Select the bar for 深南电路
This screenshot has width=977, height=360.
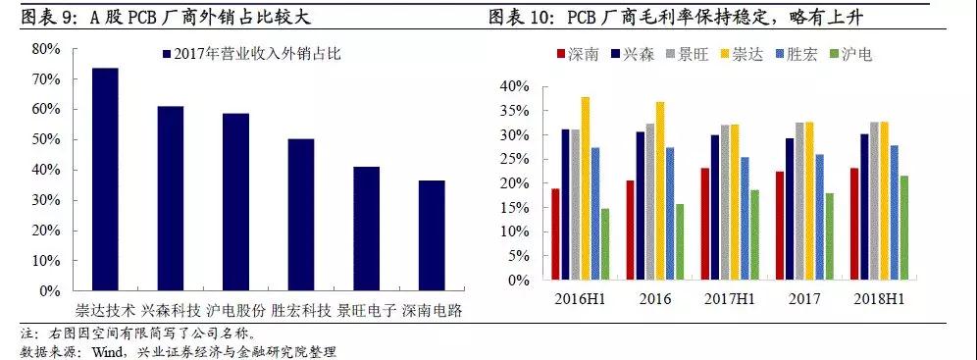pos(432,235)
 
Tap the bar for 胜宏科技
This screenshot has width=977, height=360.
pos(300,215)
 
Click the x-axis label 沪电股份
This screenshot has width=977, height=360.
pos(235,311)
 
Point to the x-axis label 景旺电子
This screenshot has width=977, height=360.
pos(366,311)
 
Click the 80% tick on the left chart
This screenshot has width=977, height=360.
pos(47,48)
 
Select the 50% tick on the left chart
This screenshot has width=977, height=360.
pos(47,139)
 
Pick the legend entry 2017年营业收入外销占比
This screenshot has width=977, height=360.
pos(243,53)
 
